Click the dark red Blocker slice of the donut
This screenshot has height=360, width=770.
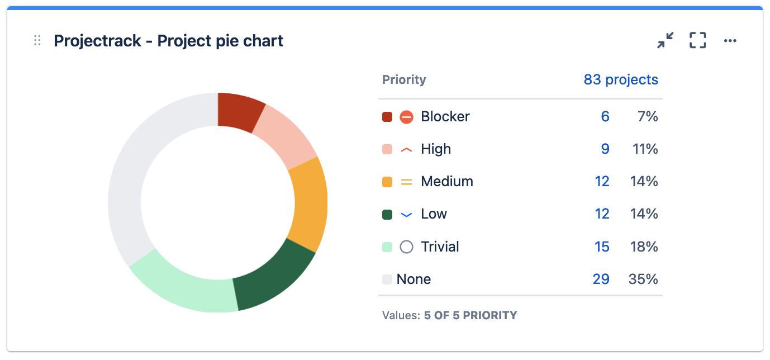239,111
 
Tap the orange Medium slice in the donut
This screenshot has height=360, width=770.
309,205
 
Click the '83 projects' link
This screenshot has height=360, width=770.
620,80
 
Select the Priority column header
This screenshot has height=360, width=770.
404,80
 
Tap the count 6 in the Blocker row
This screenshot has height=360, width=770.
605,117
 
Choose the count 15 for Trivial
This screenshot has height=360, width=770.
602,247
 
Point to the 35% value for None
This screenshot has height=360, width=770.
643,279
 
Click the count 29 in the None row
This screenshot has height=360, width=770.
601,279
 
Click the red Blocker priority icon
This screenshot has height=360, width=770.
407,117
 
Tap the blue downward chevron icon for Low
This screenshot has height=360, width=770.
407,215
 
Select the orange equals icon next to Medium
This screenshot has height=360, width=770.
407,182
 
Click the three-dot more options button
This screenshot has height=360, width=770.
730,41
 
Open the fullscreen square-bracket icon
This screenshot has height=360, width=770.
697,40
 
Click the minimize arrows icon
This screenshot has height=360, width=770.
665,40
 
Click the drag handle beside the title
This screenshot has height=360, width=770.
37,41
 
